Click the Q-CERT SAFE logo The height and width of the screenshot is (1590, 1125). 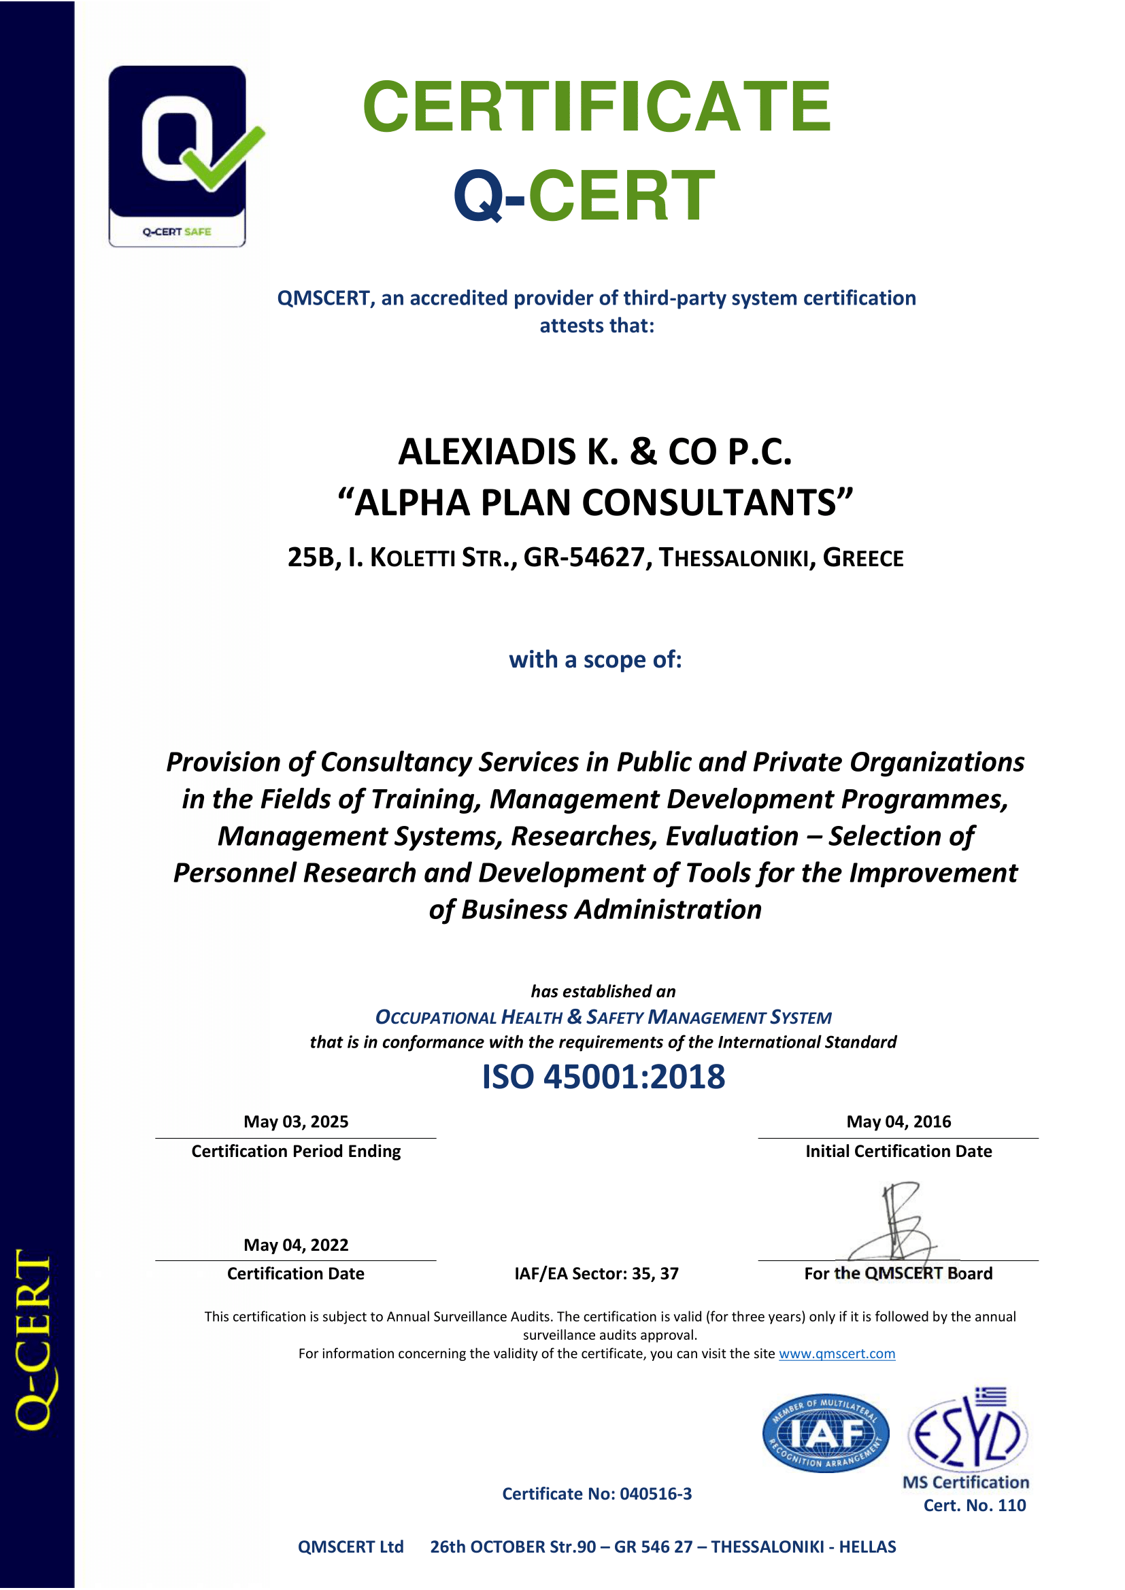[178, 156]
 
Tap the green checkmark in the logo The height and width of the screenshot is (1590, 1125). [223, 158]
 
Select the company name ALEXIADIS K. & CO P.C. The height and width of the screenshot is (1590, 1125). [595, 452]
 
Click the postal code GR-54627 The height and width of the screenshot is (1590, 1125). [584, 557]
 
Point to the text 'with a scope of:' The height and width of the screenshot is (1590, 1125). [595, 659]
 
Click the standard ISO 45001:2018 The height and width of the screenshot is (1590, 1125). [603, 1077]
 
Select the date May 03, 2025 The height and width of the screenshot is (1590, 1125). [296, 1122]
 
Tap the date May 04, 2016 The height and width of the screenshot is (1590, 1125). [899, 1122]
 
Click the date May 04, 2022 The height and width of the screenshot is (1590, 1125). [296, 1245]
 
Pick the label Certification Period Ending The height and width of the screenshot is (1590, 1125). [296, 1151]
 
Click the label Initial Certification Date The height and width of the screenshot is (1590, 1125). [899, 1151]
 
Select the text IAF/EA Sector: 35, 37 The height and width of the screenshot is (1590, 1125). [597, 1273]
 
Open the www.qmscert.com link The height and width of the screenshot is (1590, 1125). [837, 1353]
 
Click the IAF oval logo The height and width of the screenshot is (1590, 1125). [825, 1433]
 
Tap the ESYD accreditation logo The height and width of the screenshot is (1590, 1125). [969, 1430]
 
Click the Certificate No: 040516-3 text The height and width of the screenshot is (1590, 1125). [597, 1493]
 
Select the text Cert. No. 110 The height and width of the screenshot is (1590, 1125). [975, 1505]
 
